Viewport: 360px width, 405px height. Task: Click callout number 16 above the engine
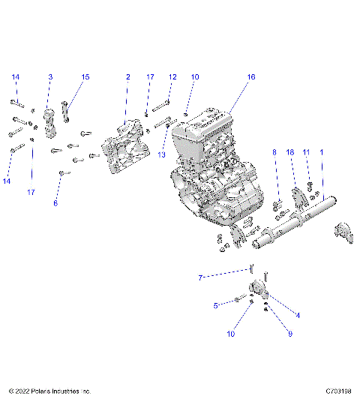click(x=251, y=77)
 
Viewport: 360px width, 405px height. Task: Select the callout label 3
click(x=50, y=77)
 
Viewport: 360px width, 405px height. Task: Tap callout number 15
click(x=85, y=77)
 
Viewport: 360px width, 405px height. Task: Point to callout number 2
click(x=127, y=77)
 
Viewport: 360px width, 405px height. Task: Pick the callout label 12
click(x=172, y=77)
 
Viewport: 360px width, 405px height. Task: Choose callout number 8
click(x=274, y=152)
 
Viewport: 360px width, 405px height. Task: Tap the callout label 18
click(x=290, y=152)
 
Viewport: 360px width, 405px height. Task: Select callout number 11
click(x=306, y=152)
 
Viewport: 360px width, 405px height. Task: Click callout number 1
click(x=322, y=152)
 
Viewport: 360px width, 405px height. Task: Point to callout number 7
click(x=200, y=278)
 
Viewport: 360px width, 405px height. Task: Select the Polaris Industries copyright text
click(x=49, y=391)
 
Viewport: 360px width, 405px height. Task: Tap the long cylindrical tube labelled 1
click(x=292, y=225)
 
